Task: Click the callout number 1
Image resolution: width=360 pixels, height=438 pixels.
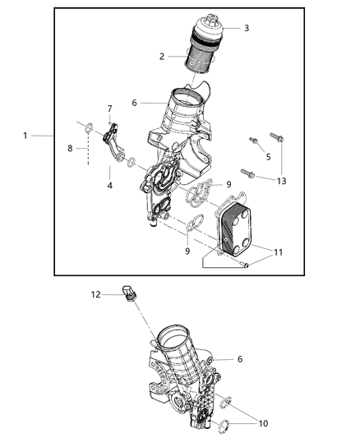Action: (x=25, y=135)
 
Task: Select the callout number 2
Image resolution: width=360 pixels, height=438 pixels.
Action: (x=163, y=57)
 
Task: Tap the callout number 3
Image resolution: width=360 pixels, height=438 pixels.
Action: (x=246, y=27)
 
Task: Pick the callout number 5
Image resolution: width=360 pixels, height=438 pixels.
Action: (x=268, y=158)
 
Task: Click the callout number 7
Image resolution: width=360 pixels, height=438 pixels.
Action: (x=109, y=108)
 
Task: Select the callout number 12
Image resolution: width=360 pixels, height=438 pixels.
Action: (x=96, y=294)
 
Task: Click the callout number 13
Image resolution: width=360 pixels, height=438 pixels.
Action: (x=282, y=181)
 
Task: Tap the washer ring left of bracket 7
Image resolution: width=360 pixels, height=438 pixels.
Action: (x=88, y=126)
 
